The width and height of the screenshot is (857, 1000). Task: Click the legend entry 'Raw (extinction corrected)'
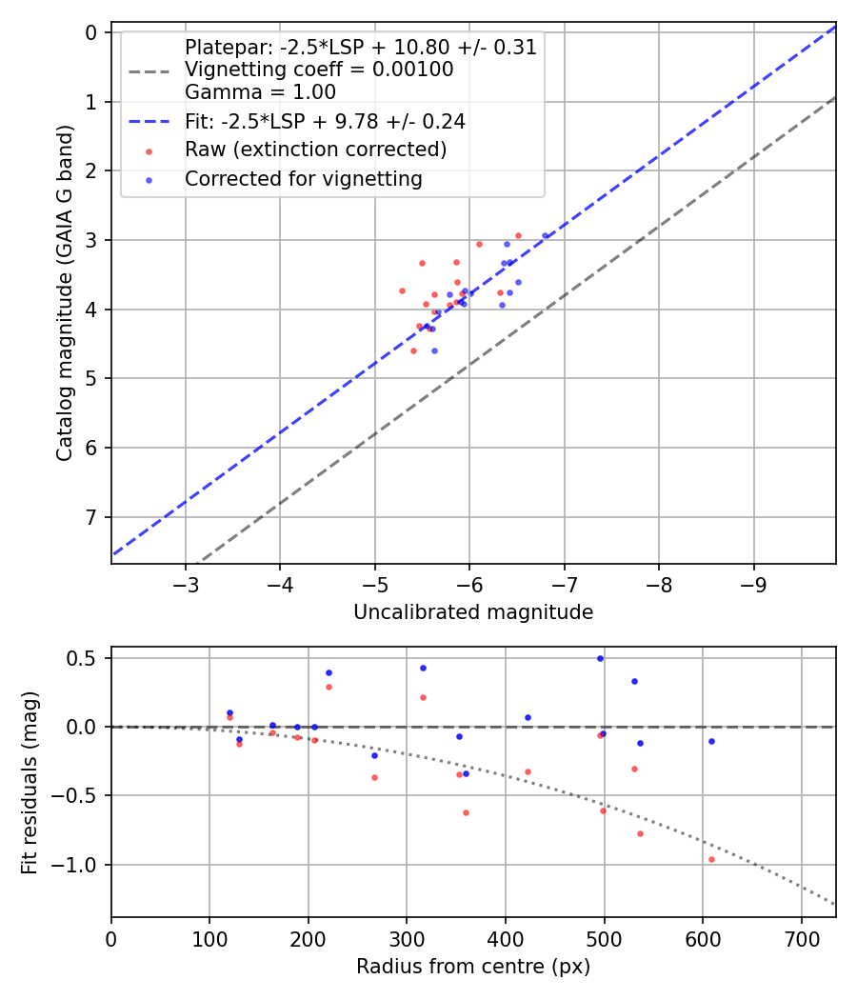[x=315, y=150]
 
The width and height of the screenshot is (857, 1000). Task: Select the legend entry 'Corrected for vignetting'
[x=303, y=178]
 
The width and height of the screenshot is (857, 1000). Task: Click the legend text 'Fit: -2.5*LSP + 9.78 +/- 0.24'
[x=325, y=121]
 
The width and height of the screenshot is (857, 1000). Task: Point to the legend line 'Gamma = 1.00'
[x=260, y=92]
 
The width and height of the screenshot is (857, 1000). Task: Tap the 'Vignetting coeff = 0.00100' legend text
[x=319, y=70]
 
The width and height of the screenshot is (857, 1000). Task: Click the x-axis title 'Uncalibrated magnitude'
[x=473, y=612]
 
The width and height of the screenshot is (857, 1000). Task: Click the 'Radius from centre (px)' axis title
[x=473, y=967]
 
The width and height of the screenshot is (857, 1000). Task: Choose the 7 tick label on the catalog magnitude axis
[x=92, y=517]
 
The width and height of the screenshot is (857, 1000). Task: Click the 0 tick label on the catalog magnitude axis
[x=92, y=32]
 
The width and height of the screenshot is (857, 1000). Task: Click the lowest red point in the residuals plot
[x=711, y=859]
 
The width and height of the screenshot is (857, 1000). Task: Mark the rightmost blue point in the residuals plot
[x=711, y=741]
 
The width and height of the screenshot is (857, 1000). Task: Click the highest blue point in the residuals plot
[x=600, y=658]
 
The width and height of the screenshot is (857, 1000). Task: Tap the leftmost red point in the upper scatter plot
[x=402, y=290]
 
